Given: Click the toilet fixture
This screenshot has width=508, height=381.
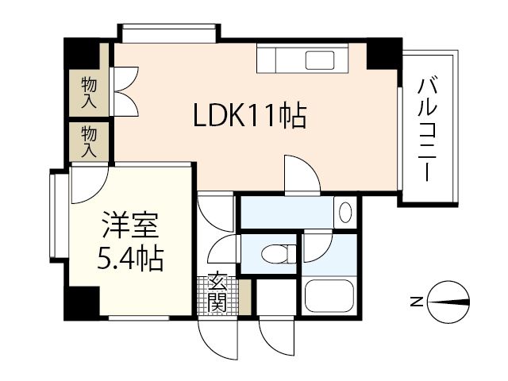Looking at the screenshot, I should pyautogui.click(x=274, y=255).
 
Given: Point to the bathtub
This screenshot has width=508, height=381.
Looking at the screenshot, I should pyautogui.click(x=330, y=297).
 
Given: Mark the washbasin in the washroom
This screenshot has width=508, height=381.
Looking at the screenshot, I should pyautogui.click(x=344, y=214).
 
